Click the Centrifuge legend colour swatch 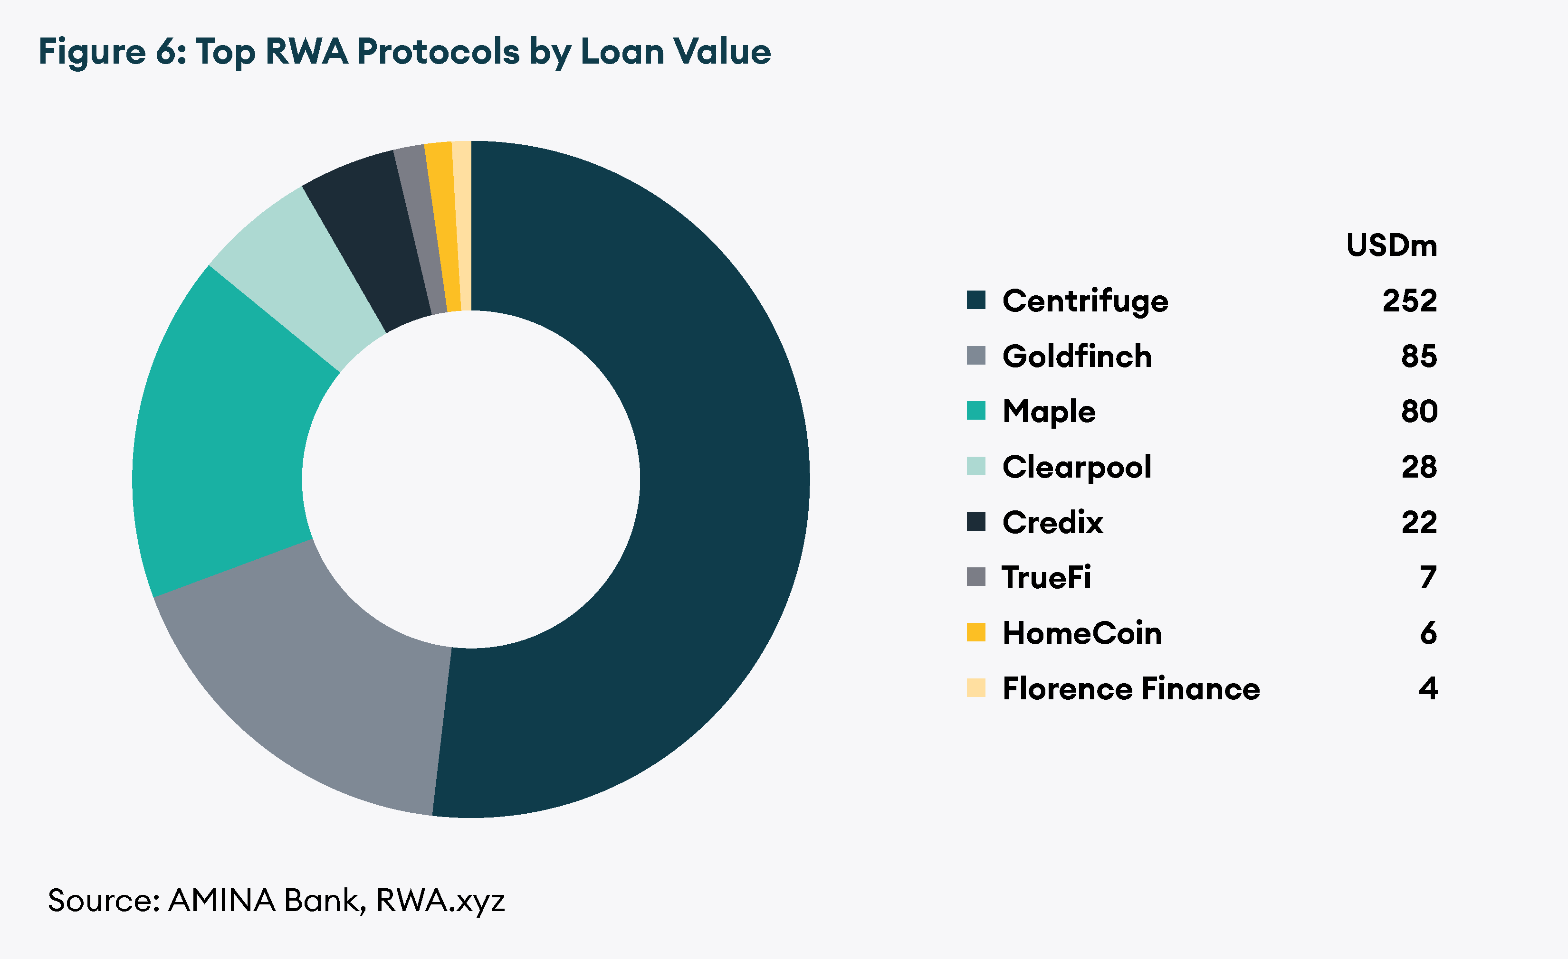975,300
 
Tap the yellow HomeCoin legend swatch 975,632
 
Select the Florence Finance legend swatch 975,687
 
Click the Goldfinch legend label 1077,356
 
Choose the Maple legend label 1049,412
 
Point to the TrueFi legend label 1046,577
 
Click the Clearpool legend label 1077,467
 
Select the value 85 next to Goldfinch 1418,356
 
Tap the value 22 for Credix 1418,522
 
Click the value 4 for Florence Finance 1427,688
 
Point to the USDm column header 1391,245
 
